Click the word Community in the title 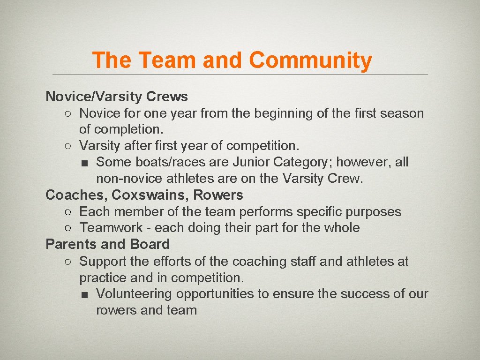click(310, 60)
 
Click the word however click(364, 162)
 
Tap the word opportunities click(215, 294)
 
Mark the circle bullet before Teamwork click(68, 228)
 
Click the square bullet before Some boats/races click(83, 163)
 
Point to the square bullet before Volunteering click(83, 294)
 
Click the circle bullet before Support click(68, 262)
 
